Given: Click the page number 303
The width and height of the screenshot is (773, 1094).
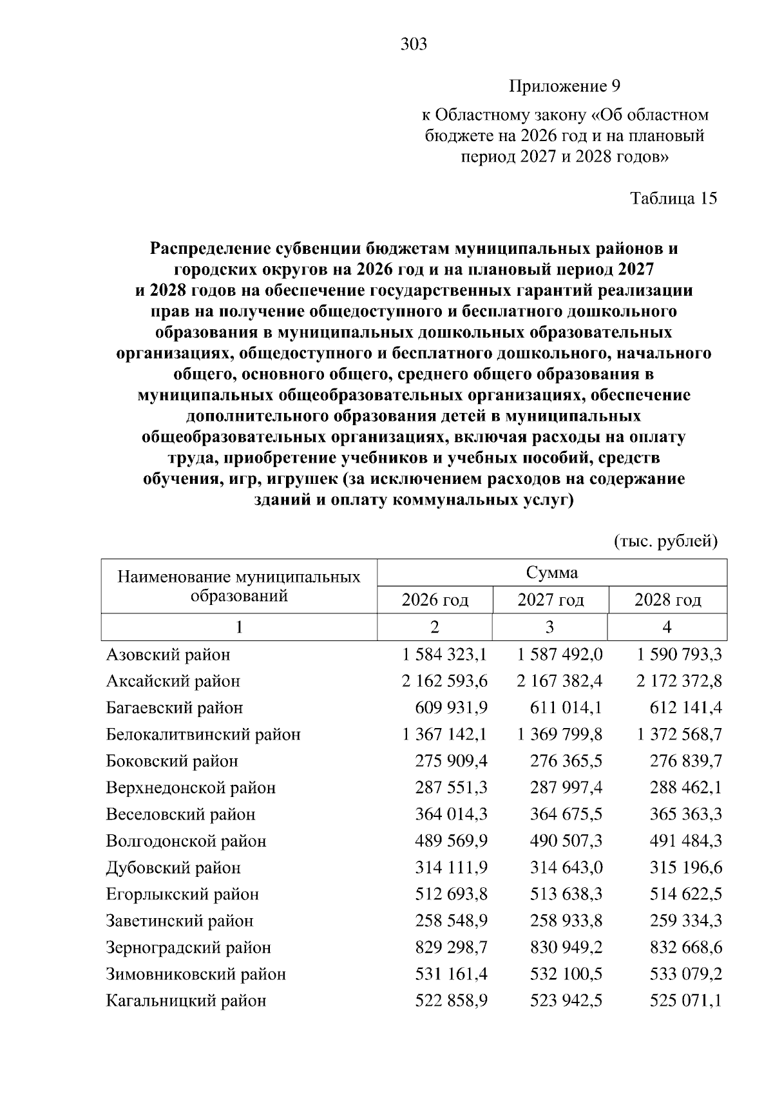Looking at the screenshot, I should pyautogui.click(x=414, y=44).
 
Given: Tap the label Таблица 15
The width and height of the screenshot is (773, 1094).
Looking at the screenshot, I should pyautogui.click(x=673, y=198).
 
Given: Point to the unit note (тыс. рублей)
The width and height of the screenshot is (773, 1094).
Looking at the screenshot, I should pyautogui.click(x=665, y=541).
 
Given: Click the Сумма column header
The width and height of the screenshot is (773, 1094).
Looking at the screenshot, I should pyautogui.click(x=551, y=572).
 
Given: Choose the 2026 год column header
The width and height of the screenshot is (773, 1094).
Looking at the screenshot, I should pyautogui.click(x=435, y=600).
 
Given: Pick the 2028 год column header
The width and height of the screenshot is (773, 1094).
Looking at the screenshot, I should pyautogui.click(x=667, y=600).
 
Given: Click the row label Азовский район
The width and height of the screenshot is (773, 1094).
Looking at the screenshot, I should pyautogui.click(x=168, y=655).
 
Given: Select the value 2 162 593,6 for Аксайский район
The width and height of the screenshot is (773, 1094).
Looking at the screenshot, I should pyautogui.click(x=444, y=681).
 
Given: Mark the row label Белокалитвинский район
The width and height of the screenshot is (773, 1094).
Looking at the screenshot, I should pyautogui.click(x=203, y=734).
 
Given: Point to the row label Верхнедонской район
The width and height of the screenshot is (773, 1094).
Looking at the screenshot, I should pyautogui.click(x=191, y=787).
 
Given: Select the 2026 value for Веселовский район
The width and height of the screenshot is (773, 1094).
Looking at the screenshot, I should pyautogui.click(x=451, y=814).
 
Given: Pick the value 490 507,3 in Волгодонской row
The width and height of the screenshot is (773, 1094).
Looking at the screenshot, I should pyautogui.click(x=566, y=841).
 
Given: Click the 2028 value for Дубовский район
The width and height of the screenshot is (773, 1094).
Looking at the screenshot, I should pyautogui.click(x=687, y=867).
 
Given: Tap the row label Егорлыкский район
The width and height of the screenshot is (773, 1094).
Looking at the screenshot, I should pyautogui.click(x=182, y=894).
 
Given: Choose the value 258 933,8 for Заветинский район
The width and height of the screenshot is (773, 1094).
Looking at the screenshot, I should pyautogui.click(x=566, y=921).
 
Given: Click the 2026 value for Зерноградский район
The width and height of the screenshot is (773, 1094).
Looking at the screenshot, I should pyautogui.click(x=451, y=947).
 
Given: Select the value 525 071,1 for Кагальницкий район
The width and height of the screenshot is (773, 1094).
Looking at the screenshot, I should pyautogui.click(x=687, y=1001).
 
